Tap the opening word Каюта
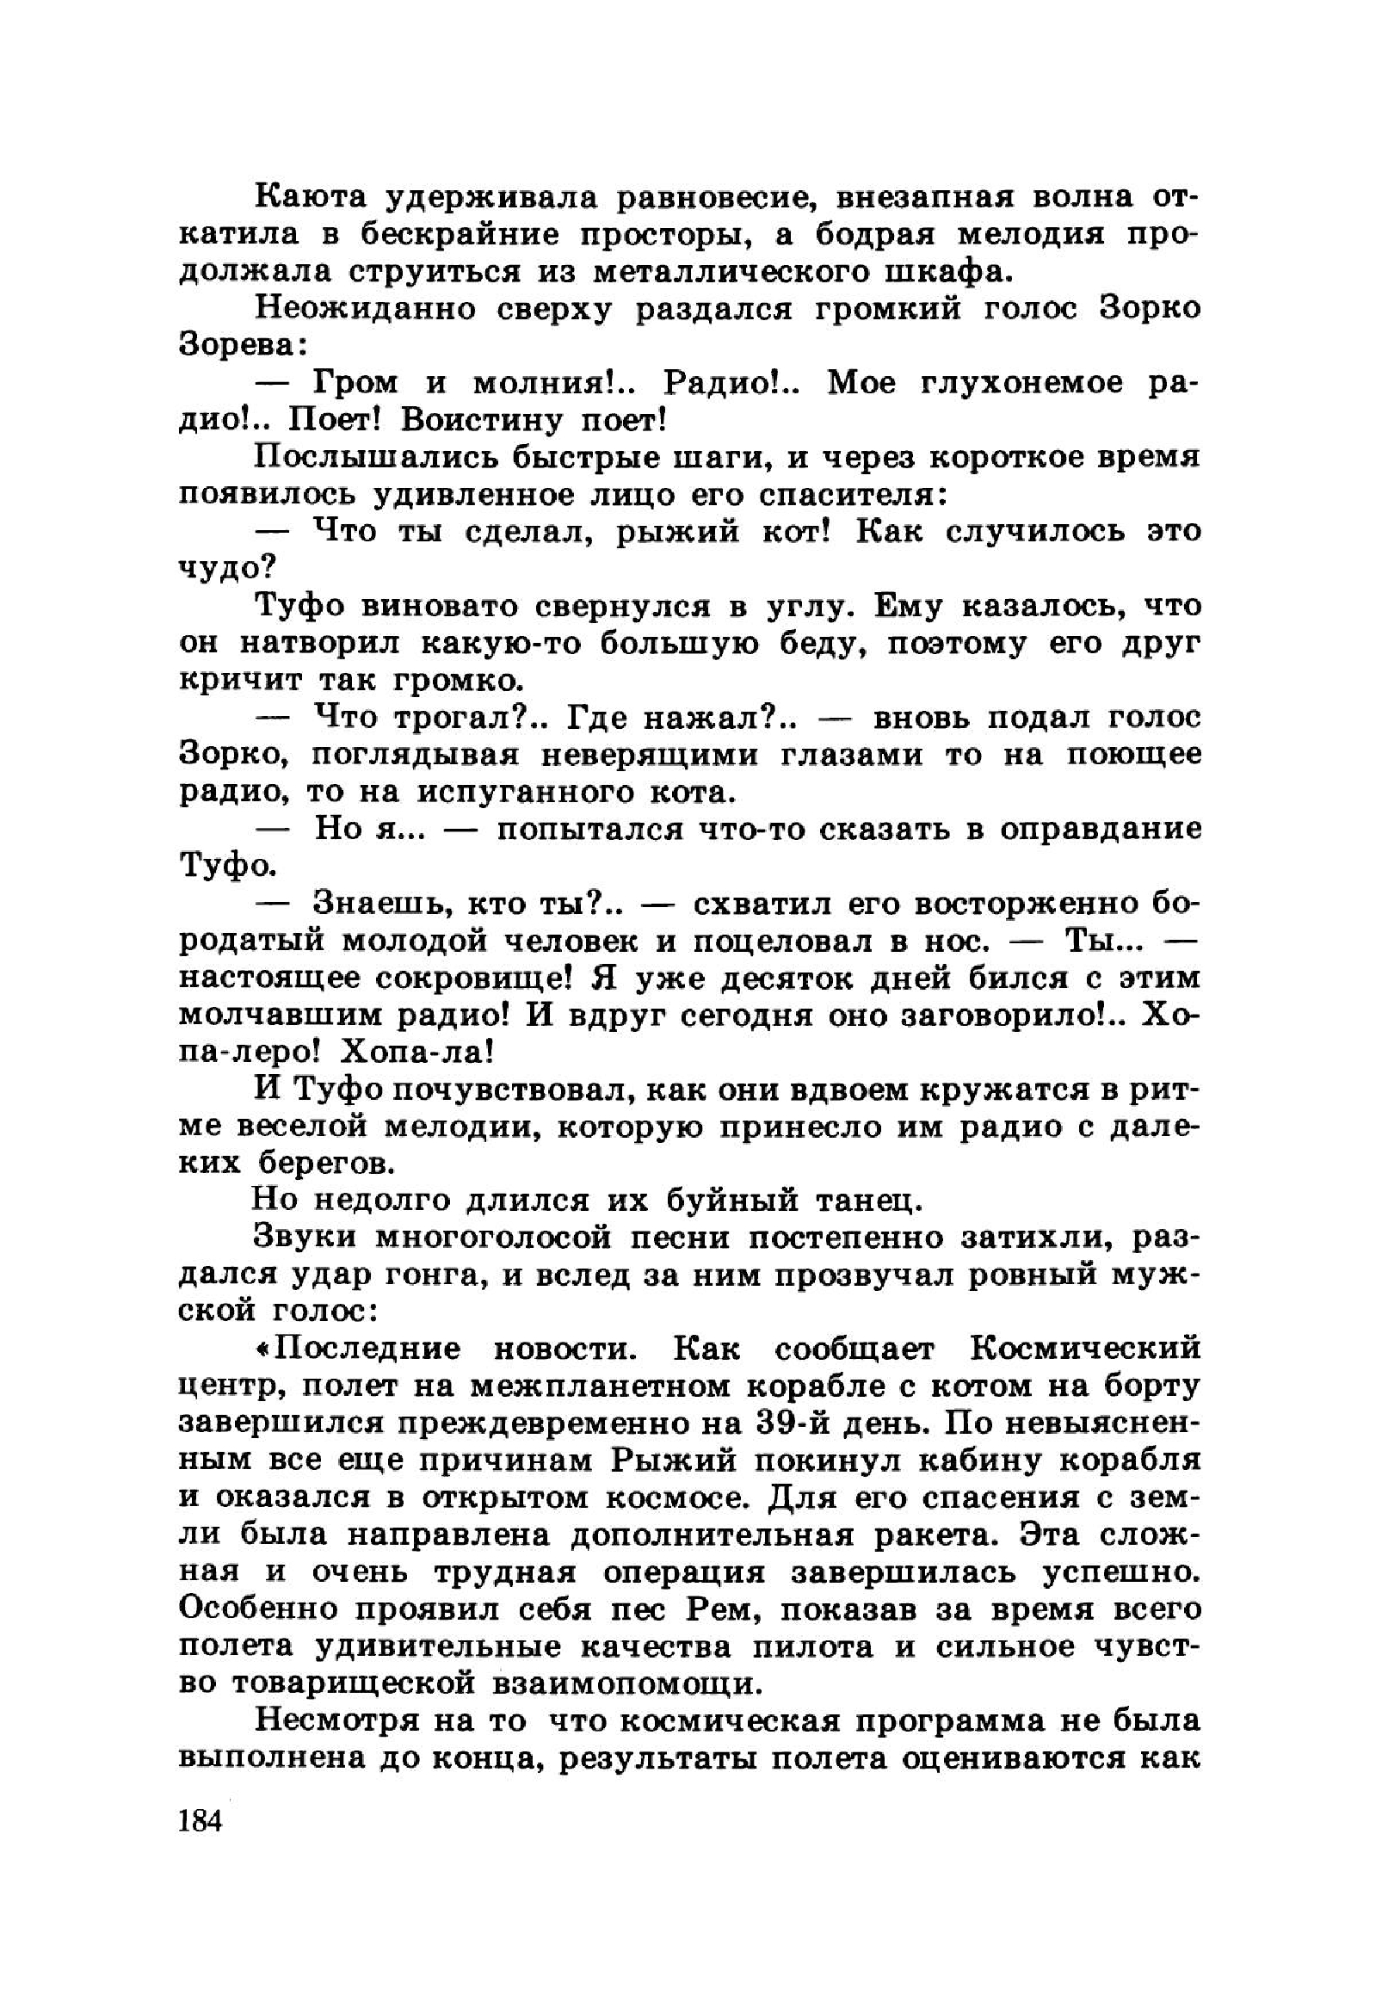(x=307, y=198)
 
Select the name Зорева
(x=238, y=347)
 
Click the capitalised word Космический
(x=1086, y=1351)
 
